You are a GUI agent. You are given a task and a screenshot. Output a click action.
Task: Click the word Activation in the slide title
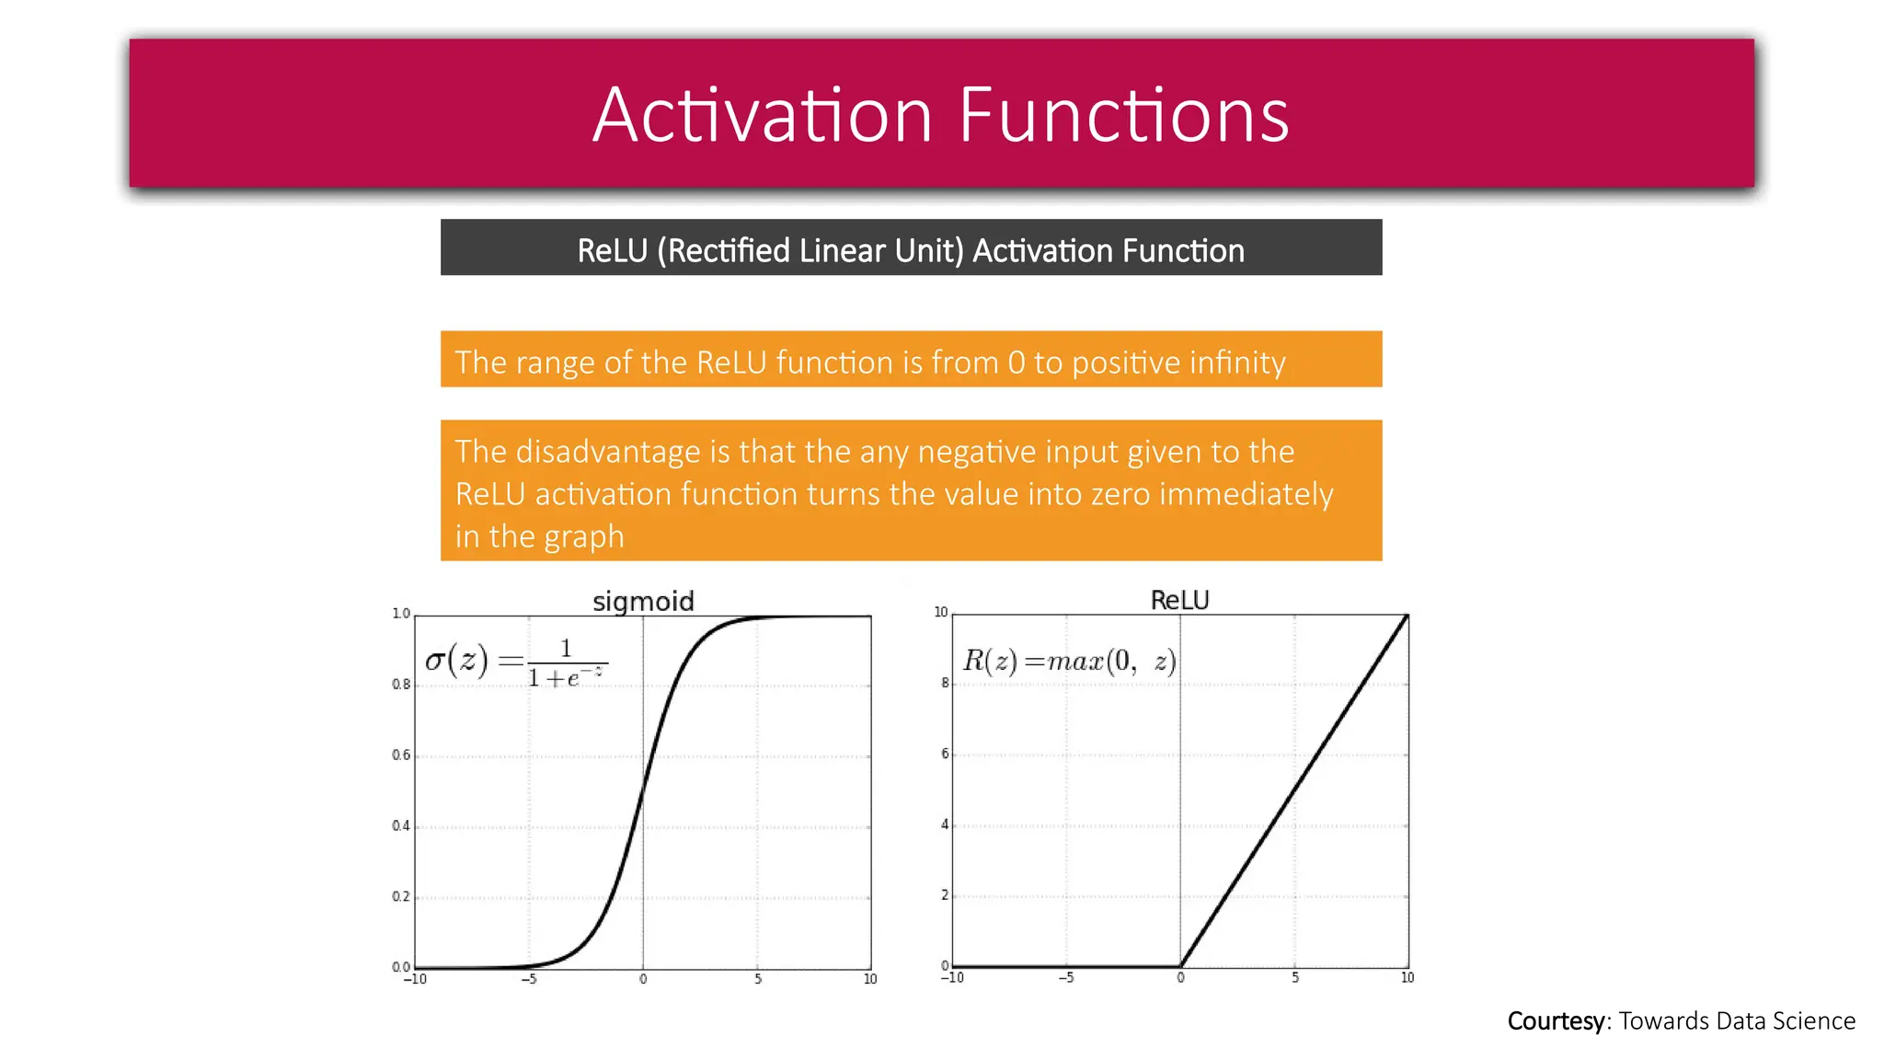(763, 115)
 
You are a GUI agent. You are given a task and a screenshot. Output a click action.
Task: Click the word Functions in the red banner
(1123, 115)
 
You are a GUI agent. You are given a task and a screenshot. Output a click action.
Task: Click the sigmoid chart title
(643, 601)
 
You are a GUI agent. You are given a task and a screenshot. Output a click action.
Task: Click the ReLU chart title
(1179, 600)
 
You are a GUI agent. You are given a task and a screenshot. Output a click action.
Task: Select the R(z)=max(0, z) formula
(1069, 661)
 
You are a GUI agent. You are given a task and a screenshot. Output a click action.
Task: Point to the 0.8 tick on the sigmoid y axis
(401, 685)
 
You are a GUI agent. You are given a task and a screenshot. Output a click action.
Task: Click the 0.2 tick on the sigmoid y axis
(401, 896)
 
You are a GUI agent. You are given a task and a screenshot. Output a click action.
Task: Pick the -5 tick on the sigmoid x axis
(529, 979)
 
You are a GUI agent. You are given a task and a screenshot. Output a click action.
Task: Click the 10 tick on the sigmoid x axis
(869, 979)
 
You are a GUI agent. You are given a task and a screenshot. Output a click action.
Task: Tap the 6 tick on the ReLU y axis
(945, 754)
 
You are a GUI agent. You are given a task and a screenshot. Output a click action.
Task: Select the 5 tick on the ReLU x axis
(1294, 977)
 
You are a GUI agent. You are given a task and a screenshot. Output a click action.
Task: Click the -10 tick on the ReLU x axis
(952, 977)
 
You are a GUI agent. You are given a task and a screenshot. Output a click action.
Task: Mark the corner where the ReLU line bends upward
(1181, 966)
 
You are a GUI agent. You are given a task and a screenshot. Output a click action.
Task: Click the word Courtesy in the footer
(1556, 1020)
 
